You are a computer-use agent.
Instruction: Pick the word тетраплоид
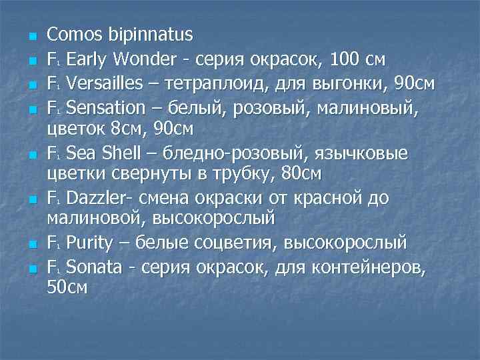[x=233, y=84]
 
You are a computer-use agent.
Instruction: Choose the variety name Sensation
[x=106, y=109]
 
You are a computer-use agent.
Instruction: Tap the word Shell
[x=121, y=154]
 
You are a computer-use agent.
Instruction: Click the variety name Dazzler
[x=99, y=199]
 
